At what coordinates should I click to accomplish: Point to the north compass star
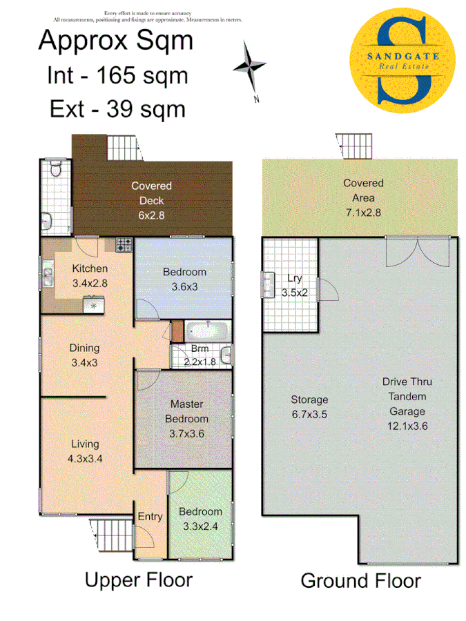click(249, 66)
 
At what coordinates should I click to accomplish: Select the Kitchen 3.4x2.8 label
click(90, 275)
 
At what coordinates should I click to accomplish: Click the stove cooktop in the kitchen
click(124, 244)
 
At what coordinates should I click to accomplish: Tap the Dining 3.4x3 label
click(84, 355)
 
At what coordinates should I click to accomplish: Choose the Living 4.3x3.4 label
click(84, 451)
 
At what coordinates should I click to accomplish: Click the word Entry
click(150, 516)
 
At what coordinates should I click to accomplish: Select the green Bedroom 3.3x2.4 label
click(200, 519)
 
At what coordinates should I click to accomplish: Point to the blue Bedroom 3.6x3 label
click(184, 279)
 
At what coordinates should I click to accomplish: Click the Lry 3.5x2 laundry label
click(293, 286)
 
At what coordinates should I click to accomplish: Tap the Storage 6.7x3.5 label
click(309, 406)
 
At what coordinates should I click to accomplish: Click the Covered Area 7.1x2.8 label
click(363, 198)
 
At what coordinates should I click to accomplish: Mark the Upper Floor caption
click(138, 580)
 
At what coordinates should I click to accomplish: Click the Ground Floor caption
click(360, 581)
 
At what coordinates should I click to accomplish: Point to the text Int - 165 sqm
click(117, 75)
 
